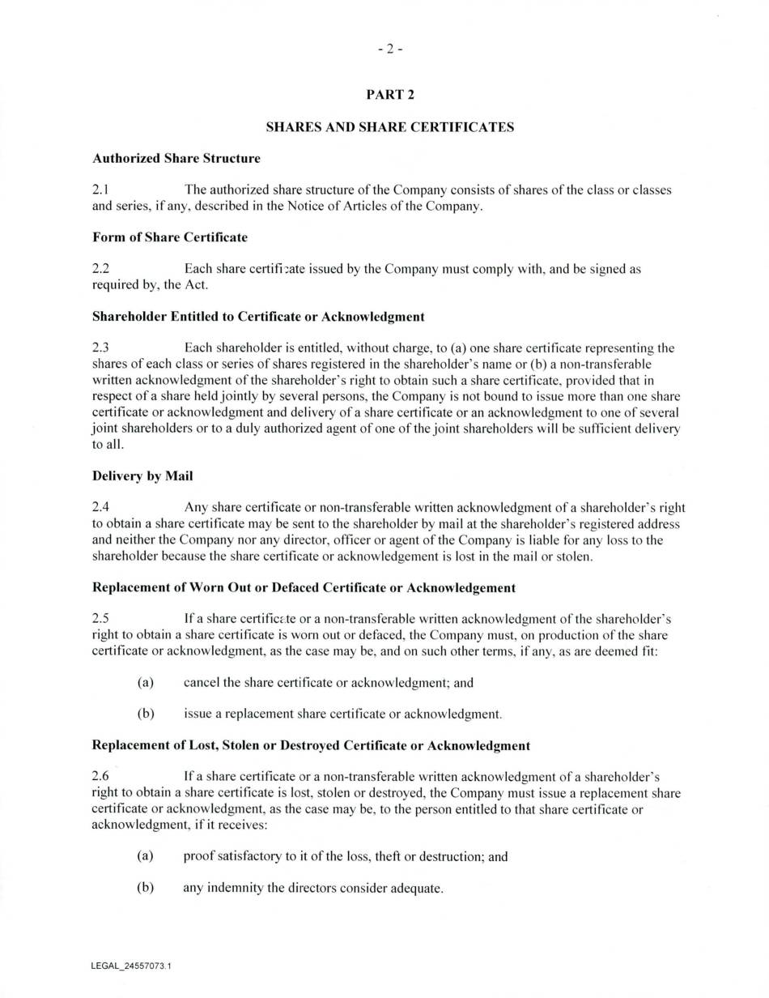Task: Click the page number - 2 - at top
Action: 389,49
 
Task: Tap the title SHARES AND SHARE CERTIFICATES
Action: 389,127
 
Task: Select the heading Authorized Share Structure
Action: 176,158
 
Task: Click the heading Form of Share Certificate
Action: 169,237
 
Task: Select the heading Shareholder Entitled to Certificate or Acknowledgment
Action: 258,316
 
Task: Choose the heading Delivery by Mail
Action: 142,476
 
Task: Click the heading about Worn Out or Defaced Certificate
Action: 304,587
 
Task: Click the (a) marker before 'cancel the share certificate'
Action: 146,683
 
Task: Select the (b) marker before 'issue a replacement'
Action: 146,714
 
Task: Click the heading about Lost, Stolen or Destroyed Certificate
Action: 311,745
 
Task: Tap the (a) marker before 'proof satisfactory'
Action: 146,856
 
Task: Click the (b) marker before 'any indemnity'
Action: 146,888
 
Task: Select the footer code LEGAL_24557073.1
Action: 132,966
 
